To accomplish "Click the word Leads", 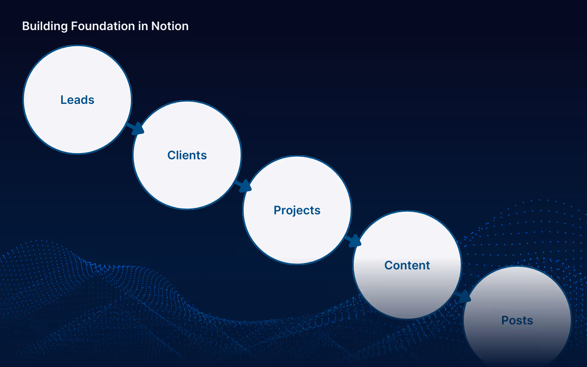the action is [77, 100].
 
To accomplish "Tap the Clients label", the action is [187, 155].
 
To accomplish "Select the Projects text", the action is [297, 211].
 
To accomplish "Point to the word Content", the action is [407, 265].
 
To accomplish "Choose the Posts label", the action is [517, 320].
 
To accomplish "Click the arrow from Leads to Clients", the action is [135, 128].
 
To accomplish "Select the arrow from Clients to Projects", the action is [243, 186].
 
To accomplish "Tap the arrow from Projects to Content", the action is [353, 241].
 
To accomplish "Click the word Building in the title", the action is [45, 26].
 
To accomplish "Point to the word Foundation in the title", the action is [103, 26].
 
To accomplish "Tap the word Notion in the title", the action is [170, 26].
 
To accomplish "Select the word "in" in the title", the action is [143, 26].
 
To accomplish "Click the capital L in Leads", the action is [64, 100].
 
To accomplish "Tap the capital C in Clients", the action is [172, 155].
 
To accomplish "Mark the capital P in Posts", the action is [505, 320].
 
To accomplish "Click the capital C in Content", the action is [389, 265].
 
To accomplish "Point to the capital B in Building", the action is [26, 26].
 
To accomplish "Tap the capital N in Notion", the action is [156, 26].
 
